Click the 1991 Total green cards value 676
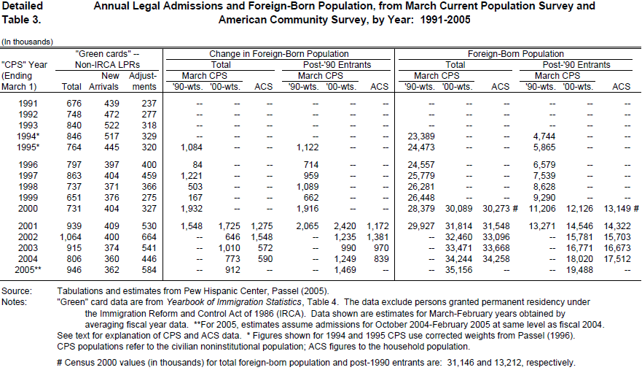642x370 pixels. click(x=73, y=103)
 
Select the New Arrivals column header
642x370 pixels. click(x=110, y=75)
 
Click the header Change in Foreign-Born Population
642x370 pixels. click(x=279, y=54)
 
